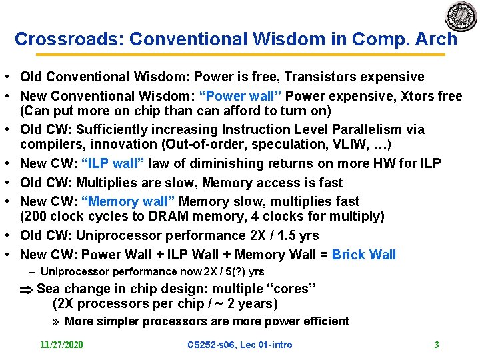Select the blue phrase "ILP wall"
tap(112, 163)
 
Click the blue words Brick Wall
tap(364, 255)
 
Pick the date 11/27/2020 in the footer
tap(61, 345)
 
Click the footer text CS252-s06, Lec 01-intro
tap(240, 345)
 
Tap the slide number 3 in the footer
tap(436, 345)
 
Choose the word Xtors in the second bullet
tap(417, 96)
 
